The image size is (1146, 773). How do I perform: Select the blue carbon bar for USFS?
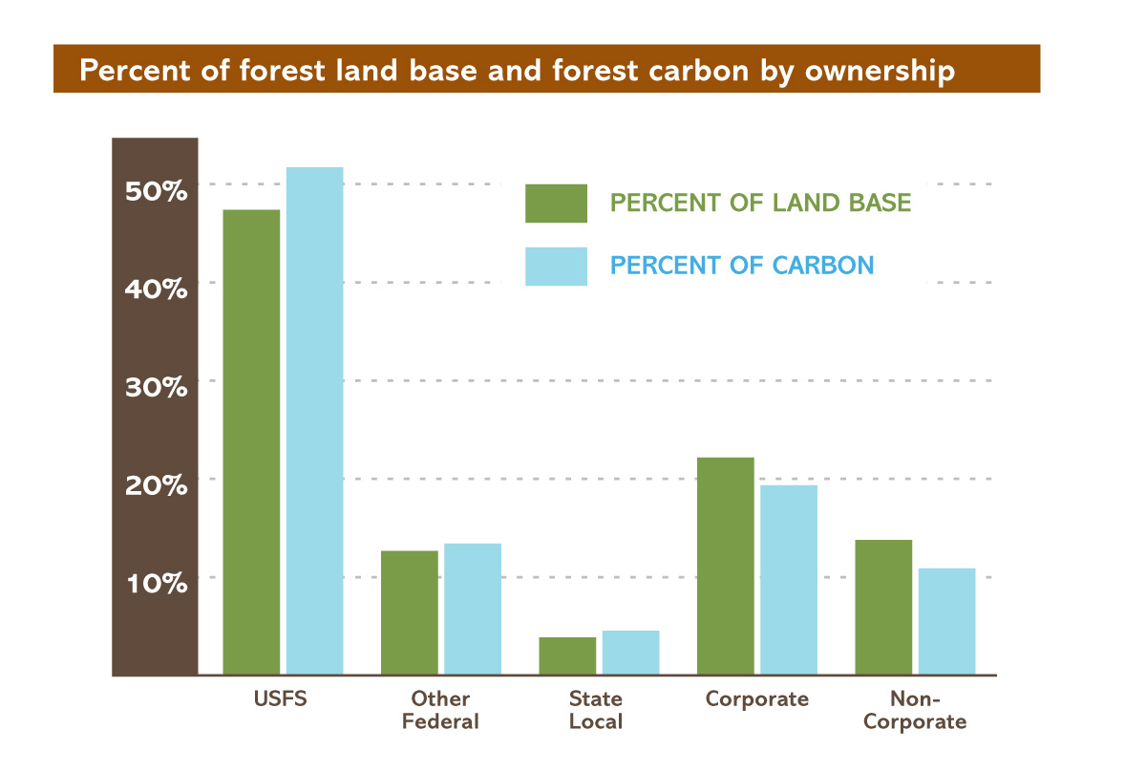coord(314,421)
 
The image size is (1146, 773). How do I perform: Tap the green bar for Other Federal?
coord(410,612)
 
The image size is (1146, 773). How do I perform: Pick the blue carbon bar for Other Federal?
coord(473,609)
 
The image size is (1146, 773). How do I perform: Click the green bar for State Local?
coord(567,655)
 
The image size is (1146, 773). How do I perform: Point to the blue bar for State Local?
coord(630,653)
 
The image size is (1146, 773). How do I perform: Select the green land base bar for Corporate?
coord(726,566)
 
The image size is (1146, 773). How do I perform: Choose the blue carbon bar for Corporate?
coord(789,580)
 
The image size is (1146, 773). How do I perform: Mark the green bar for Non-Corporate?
coord(883,607)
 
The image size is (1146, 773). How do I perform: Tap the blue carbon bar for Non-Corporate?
coord(946,621)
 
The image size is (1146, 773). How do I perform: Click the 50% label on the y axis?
coord(156,190)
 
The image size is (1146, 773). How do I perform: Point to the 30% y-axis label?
coord(156,387)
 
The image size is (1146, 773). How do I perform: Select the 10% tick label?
coord(156,583)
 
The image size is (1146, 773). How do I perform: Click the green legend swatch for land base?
coord(556,204)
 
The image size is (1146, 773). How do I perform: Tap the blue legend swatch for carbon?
coord(556,266)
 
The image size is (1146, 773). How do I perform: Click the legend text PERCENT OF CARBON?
coord(742,265)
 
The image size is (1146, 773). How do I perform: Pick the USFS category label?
coord(283,698)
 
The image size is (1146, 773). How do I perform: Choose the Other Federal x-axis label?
coord(440,710)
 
